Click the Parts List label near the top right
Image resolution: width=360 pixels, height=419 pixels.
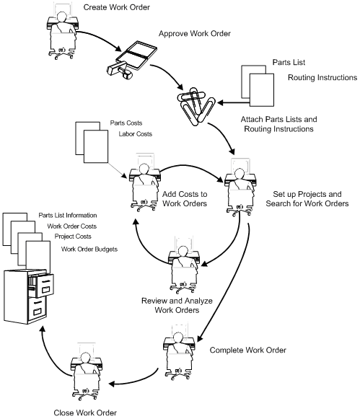tap(292, 63)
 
